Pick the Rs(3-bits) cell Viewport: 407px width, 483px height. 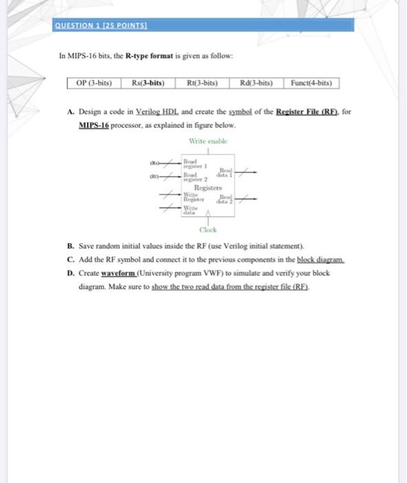(x=148, y=83)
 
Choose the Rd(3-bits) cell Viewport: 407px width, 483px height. (x=256, y=83)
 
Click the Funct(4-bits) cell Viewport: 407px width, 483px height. (x=312, y=83)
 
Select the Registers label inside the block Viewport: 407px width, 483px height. (x=208, y=187)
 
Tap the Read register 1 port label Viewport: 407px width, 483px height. (x=190, y=163)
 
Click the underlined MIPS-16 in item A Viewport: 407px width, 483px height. (x=95, y=126)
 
